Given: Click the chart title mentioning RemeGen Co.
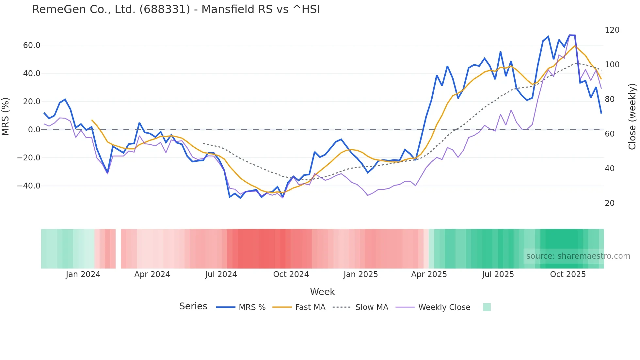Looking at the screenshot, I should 176,9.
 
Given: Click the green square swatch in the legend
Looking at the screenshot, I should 487,307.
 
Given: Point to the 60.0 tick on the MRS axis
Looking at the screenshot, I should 32,45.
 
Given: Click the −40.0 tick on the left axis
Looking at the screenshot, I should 29,186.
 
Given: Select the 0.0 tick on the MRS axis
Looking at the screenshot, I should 34,130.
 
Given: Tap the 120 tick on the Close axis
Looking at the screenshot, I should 612,30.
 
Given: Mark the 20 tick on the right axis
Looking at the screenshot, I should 610,203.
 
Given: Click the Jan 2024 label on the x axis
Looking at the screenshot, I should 83,274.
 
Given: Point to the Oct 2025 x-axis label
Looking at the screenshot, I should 568,274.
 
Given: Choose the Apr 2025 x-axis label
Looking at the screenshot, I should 429,274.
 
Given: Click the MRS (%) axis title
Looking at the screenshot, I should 6,116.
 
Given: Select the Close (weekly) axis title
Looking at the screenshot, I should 632,116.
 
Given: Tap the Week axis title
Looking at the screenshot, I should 322,292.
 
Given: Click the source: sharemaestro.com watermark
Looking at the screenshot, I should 578,256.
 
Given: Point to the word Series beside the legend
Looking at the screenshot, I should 193,306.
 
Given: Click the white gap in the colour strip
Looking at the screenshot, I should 118,249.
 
